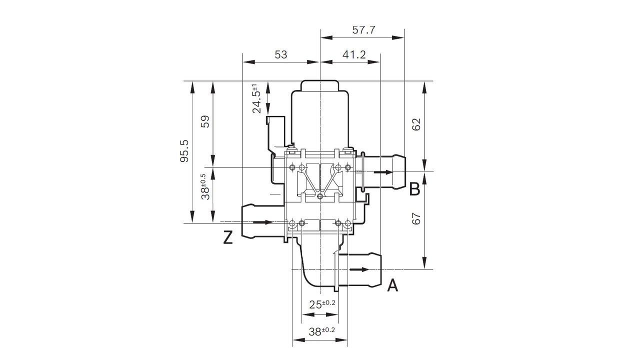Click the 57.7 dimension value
pos(363,30)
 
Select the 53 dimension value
pos(281,54)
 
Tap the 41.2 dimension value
pos(354,54)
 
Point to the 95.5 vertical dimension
pos(184,150)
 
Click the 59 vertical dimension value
pos(205,122)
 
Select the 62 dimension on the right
pos(416,124)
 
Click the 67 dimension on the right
pos(416,218)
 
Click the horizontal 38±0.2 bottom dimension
pos(321,331)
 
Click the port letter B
pos(414,189)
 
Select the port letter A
pos(393,285)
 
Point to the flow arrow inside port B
pos(383,172)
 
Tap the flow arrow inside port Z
pos(263,222)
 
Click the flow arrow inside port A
pos(359,269)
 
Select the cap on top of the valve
pos(319,86)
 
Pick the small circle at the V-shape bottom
pos(320,195)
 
